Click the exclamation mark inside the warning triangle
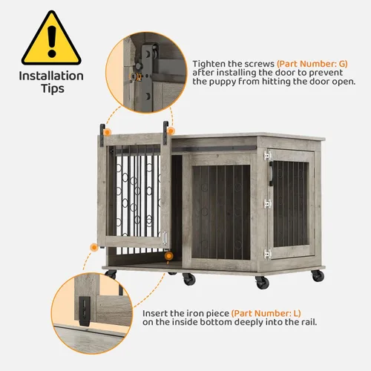(x=51, y=38)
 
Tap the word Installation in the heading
(x=51, y=76)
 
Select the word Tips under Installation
(x=51, y=90)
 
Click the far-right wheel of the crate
(x=318, y=275)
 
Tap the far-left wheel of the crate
(x=111, y=275)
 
